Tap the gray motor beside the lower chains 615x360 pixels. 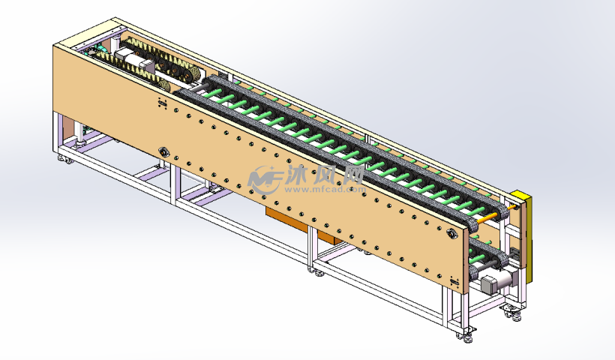495,282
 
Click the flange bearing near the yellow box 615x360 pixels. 452,234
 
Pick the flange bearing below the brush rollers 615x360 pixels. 163,151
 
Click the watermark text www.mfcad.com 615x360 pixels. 325,190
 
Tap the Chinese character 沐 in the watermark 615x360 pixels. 298,175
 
